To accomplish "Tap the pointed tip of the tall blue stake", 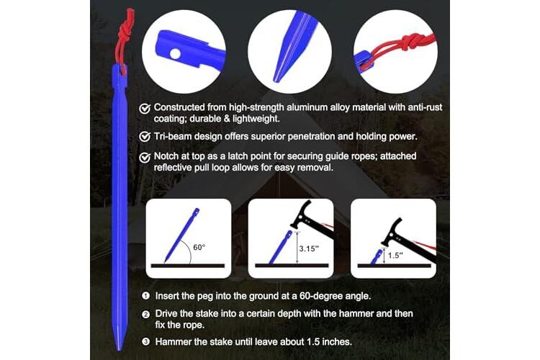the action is click(x=119, y=350).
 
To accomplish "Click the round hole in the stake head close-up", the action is click(x=175, y=54).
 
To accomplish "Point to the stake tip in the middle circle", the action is click(x=276, y=80).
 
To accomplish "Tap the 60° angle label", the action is click(x=199, y=248).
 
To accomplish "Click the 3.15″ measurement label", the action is click(x=307, y=248).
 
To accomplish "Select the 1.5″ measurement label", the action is click(x=395, y=256).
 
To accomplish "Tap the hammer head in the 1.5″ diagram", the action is click(x=392, y=231).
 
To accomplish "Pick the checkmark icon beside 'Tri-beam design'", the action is click(x=145, y=137).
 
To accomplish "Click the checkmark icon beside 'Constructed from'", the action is click(x=145, y=109).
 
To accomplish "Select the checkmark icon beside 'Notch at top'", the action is click(x=145, y=158).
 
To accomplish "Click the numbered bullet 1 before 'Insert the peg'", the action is click(x=145, y=296).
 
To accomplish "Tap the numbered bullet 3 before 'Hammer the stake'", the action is click(x=145, y=342).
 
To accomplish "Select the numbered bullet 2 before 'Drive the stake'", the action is click(x=145, y=314).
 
